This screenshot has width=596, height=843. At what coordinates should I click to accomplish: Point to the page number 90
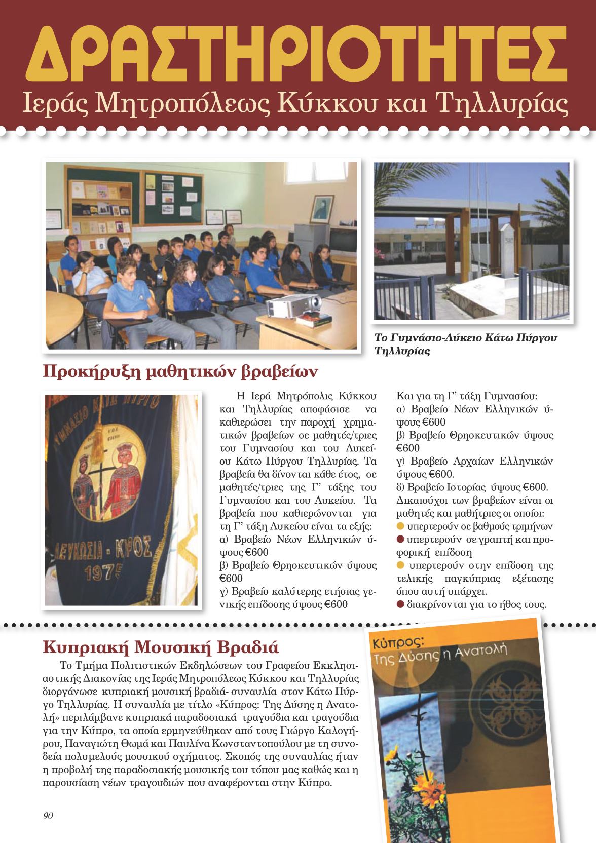click(49, 815)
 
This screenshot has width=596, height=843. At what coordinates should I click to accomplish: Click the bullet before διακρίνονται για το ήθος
click(400, 604)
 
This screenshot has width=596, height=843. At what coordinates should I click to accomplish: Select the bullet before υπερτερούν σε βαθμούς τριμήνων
click(400, 525)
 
